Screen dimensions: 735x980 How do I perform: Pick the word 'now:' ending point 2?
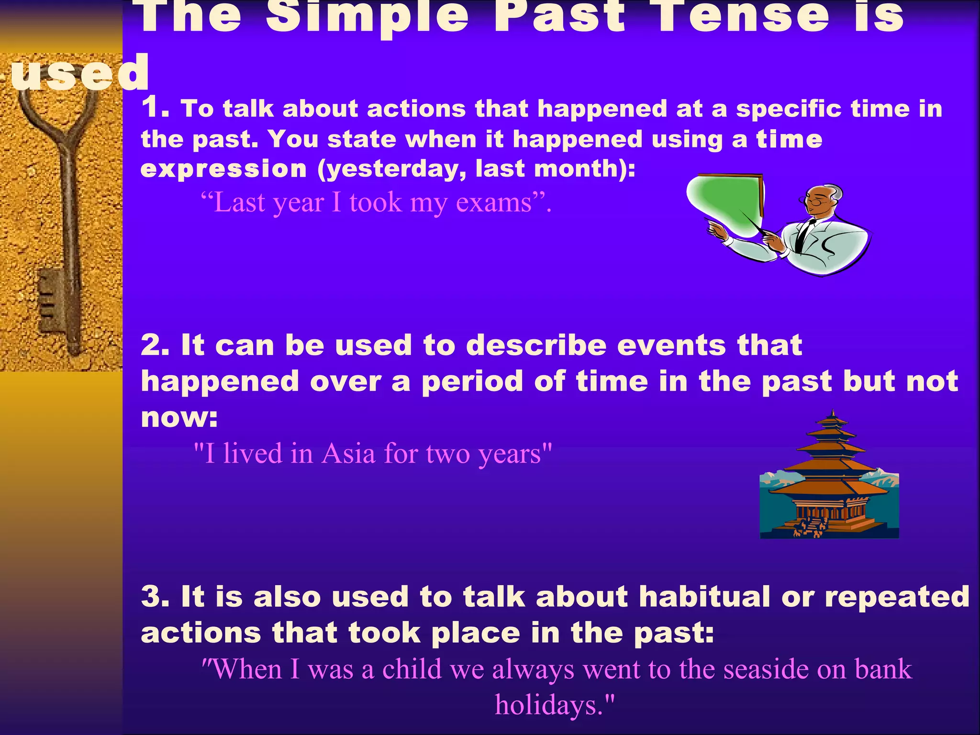(x=179, y=417)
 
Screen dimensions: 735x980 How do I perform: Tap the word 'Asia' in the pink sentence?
(x=348, y=454)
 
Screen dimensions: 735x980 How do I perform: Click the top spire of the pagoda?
(x=833, y=415)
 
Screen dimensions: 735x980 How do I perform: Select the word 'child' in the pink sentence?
(x=412, y=669)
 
